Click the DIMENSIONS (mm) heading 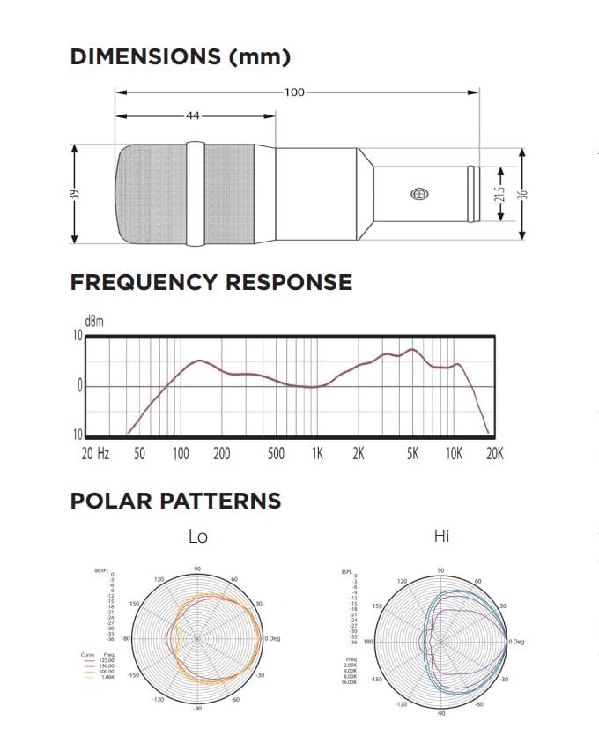(180, 57)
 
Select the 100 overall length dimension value (294, 92)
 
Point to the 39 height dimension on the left (75, 194)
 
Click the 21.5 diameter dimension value (499, 194)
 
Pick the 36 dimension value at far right (522, 194)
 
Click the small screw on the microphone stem (418, 194)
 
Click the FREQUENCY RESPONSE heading (211, 283)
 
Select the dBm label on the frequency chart (93, 322)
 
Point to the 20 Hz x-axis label (95, 454)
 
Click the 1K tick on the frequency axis (317, 454)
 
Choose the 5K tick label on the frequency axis (413, 454)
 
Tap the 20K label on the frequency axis (494, 454)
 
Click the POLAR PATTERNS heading (175, 502)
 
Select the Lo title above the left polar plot (198, 536)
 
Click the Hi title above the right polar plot (441, 536)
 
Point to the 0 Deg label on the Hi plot (517, 641)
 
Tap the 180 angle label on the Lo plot (125, 638)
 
